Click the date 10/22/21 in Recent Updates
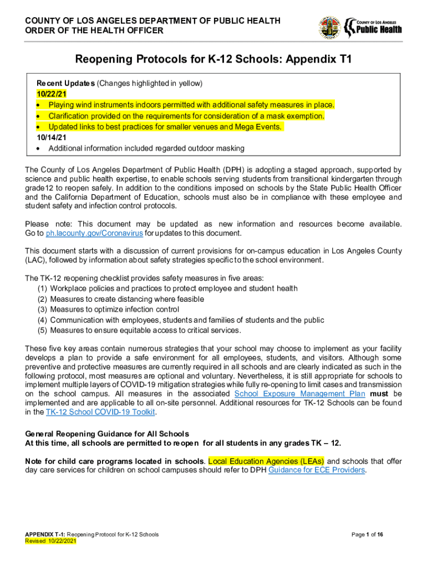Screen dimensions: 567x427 (x=49, y=94)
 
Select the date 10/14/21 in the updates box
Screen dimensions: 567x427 (x=49, y=138)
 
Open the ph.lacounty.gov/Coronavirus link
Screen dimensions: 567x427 (x=94, y=234)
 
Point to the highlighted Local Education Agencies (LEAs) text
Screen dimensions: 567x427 (x=266, y=461)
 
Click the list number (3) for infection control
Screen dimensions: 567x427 (x=42, y=310)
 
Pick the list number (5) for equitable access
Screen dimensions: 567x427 (x=42, y=331)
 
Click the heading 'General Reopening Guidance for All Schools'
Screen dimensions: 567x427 (x=107, y=434)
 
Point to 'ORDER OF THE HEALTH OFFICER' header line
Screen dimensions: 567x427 (x=94, y=31)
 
